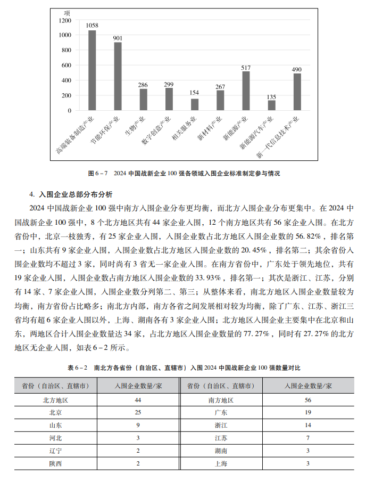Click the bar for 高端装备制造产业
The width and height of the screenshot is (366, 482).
click(92, 70)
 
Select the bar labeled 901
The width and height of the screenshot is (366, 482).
click(118, 76)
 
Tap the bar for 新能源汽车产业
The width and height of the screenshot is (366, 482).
click(271, 105)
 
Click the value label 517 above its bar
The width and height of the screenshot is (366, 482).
click(246, 68)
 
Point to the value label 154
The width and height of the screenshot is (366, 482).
click(195, 93)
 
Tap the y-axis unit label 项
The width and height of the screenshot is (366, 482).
click(66, 12)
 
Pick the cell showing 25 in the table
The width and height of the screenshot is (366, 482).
click(138, 412)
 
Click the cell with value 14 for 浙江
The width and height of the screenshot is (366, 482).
click(307, 425)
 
